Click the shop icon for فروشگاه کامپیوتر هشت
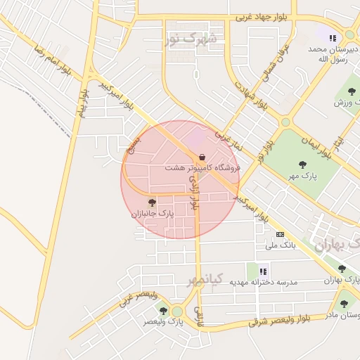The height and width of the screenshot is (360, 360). [202, 156]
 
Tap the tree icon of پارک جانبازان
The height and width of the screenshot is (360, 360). [152, 202]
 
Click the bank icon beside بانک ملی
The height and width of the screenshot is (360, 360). [281, 234]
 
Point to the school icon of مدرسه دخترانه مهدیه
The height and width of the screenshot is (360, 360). [263, 271]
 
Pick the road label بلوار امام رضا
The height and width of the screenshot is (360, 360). [53, 60]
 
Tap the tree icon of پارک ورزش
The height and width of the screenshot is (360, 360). [352, 91]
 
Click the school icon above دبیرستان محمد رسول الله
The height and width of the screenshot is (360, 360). [332, 38]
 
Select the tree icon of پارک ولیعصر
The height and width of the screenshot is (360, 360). [163, 310]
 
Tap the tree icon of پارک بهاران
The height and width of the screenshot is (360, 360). [342, 269]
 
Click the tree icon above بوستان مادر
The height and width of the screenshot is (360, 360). [344, 304]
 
